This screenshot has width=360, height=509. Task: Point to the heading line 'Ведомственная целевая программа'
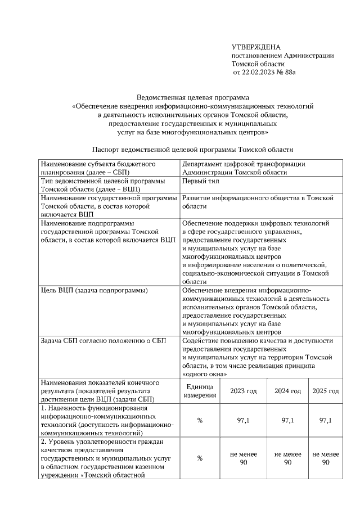pyautogui.click(x=193, y=97)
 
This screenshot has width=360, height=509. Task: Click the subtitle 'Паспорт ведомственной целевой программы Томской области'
pyautogui.click(x=192, y=150)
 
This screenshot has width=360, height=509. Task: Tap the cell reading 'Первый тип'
pyautogui.click(x=201, y=182)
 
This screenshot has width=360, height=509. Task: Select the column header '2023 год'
pyautogui.click(x=243, y=391)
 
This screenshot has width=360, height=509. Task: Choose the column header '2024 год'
pyautogui.click(x=287, y=391)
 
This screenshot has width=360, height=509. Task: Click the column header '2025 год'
pyautogui.click(x=326, y=391)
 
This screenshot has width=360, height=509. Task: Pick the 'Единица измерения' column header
pyautogui.click(x=199, y=391)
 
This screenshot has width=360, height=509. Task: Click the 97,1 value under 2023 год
pyautogui.click(x=243, y=420)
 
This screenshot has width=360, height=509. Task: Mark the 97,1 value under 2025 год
pyautogui.click(x=326, y=420)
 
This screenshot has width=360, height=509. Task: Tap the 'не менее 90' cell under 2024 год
pyautogui.click(x=287, y=458)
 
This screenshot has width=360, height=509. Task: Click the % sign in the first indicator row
pyautogui.click(x=199, y=420)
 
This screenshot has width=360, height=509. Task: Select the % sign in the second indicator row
pyautogui.click(x=199, y=458)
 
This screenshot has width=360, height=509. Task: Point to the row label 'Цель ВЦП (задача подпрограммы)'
pyautogui.click(x=94, y=290)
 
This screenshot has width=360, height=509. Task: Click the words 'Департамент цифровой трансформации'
pyautogui.click(x=244, y=164)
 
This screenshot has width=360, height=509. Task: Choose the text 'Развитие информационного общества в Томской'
pyautogui.click(x=258, y=198)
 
